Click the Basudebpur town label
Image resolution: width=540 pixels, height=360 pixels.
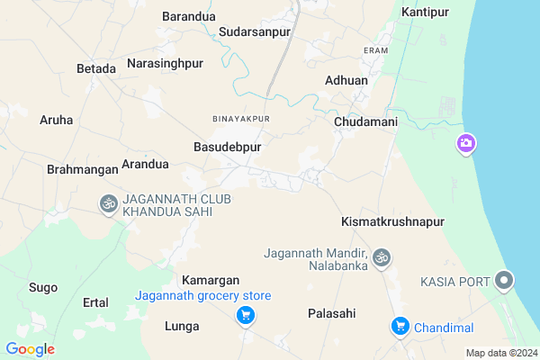tap(227, 146)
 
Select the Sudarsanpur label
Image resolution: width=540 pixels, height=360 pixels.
tap(255, 31)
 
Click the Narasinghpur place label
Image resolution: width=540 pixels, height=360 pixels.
tap(166, 63)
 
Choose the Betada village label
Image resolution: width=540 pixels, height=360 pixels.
tap(96, 68)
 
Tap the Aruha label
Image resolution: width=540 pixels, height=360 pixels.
tap(57, 119)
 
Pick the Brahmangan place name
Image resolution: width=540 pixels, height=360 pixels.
tap(82, 168)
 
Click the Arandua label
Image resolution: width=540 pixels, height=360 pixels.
tap(145, 164)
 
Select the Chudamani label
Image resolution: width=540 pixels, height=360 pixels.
tap(365, 121)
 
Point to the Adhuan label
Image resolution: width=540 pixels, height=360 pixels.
tap(346, 80)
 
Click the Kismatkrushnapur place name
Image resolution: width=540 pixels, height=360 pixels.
tap(393, 220)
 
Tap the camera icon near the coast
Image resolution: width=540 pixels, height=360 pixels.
tap(465, 143)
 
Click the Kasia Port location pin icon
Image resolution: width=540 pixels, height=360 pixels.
tap(506, 282)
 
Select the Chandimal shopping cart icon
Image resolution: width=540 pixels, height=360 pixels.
tap(400, 326)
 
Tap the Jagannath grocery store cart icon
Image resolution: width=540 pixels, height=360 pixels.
tap(244, 315)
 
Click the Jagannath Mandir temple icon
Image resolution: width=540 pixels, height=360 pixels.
tap(382, 258)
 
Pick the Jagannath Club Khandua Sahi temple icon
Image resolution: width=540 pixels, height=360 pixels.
tap(107, 203)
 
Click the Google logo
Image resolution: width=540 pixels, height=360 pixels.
tap(30, 349)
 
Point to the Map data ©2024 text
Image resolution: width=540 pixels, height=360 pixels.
tap(500, 353)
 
